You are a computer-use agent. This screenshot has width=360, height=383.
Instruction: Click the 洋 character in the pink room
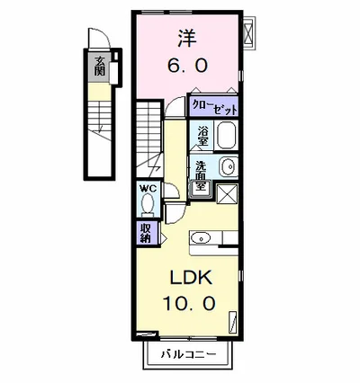[186, 39]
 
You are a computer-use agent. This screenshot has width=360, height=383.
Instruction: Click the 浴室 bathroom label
[203, 138]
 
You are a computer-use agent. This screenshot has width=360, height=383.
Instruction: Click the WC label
[146, 190]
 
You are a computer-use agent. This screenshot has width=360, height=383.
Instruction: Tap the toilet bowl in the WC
[146, 206]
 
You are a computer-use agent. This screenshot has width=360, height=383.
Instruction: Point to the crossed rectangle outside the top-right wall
[251, 32]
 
